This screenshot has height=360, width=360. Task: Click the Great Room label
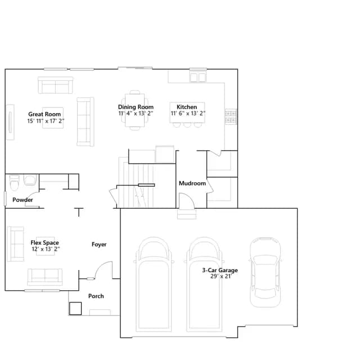point(44,114)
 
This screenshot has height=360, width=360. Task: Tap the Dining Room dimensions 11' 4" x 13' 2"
point(136,114)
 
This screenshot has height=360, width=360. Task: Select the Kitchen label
point(187,107)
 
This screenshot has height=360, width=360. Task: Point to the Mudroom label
point(192,183)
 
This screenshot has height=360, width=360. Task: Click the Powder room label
point(22,200)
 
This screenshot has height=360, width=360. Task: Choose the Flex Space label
point(45,242)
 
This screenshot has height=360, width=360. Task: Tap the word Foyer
point(99,244)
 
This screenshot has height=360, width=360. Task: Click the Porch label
point(96,296)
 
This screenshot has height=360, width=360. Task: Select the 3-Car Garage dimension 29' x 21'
point(221,276)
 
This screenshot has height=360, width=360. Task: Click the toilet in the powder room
point(14,183)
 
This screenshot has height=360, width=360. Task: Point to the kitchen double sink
point(197,77)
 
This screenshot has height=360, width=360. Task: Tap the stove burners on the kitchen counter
point(231,116)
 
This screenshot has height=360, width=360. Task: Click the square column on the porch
point(75,308)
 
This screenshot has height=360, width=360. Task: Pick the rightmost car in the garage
point(265,272)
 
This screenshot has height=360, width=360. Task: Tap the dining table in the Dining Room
point(135,110)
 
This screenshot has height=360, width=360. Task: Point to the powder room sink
point(30,180)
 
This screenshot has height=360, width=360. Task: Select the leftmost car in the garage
point(154,284)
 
